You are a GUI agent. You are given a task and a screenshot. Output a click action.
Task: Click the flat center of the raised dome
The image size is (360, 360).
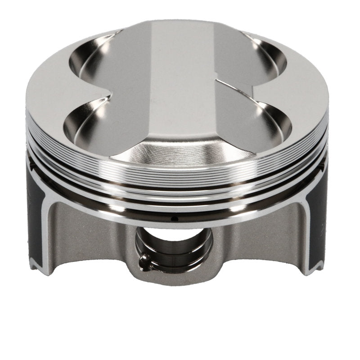click(180, 90)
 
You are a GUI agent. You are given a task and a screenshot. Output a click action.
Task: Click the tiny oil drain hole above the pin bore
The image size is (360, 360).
click(177, 219)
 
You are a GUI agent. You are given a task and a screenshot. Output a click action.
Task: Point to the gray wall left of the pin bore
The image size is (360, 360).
click(99, 243)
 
